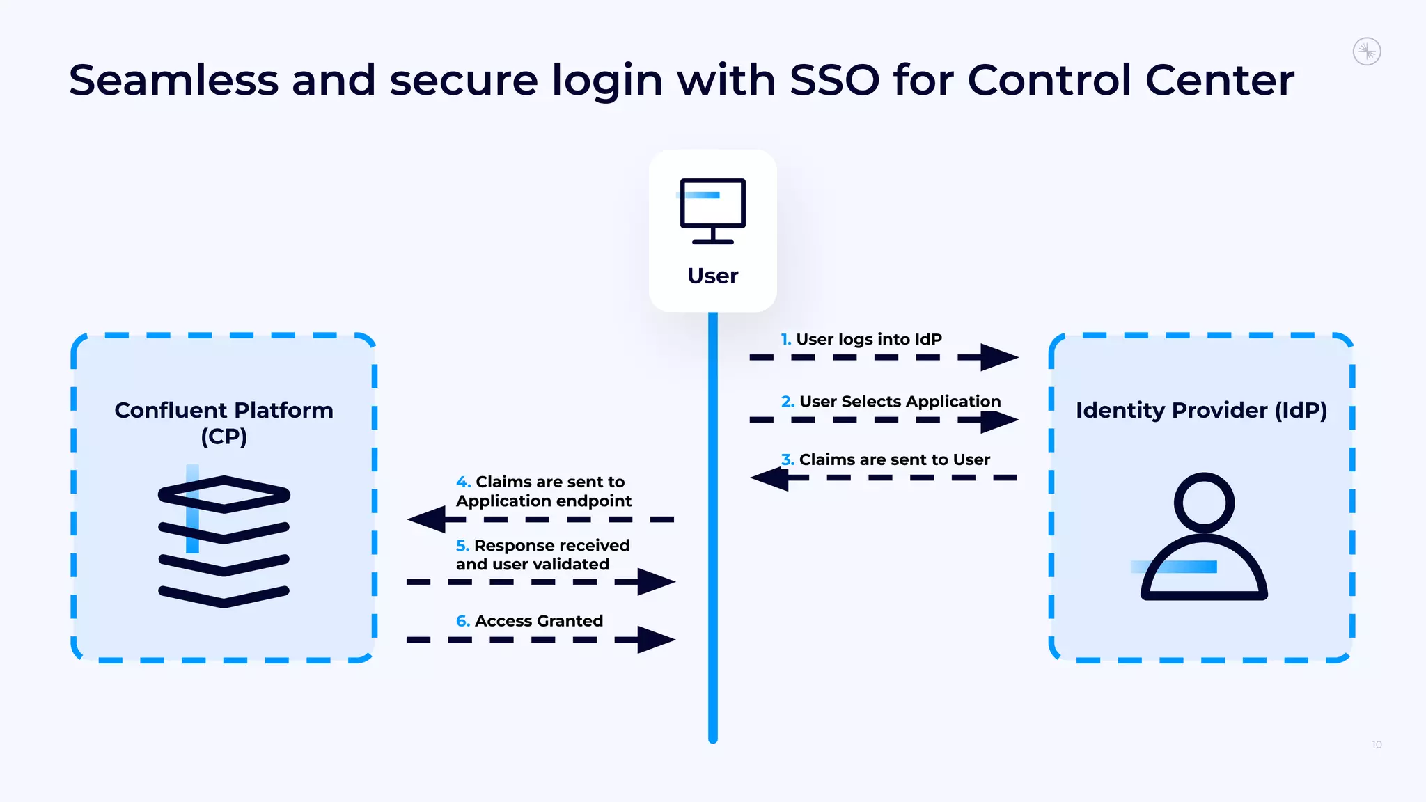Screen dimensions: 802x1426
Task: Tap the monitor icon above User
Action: coord(712,210)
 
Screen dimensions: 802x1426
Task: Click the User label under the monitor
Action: coord(712,276)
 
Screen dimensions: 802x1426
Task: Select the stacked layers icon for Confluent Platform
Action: coord(224,540)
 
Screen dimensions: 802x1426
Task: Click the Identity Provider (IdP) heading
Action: coord(1201,410)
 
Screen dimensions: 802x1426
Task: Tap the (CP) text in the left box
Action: coord(224,437)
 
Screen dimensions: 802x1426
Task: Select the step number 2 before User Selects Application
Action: coord(787,402)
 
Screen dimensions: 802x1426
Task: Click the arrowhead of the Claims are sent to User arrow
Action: coord(769,478)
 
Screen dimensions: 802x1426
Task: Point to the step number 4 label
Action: coord(463,482)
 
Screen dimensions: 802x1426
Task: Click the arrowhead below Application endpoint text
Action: coord(427,519)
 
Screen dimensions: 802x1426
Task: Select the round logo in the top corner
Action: coord(1367,52)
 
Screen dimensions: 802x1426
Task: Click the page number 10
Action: coord(1377,745)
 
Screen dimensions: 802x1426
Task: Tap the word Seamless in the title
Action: coord(173,80)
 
